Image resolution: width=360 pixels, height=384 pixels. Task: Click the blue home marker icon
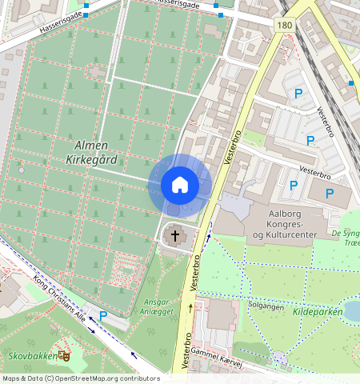[180, 185]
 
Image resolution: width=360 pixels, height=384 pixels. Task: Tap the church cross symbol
[175, 236]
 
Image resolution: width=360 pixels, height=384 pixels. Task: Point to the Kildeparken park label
[318, 311]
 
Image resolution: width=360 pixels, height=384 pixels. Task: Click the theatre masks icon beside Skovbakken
[64, 352]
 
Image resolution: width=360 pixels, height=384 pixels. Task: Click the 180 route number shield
[285, 26]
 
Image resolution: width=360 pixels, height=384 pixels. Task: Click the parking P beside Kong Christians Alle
[103, 315]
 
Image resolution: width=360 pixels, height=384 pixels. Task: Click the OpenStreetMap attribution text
[80, 378]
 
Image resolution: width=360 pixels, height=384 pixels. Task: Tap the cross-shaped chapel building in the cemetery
[96, 72]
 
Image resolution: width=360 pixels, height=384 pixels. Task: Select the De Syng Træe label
[346, 238]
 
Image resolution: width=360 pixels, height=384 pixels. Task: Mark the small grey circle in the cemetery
[21, 170]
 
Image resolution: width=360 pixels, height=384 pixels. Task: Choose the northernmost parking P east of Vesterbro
[298, 94]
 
